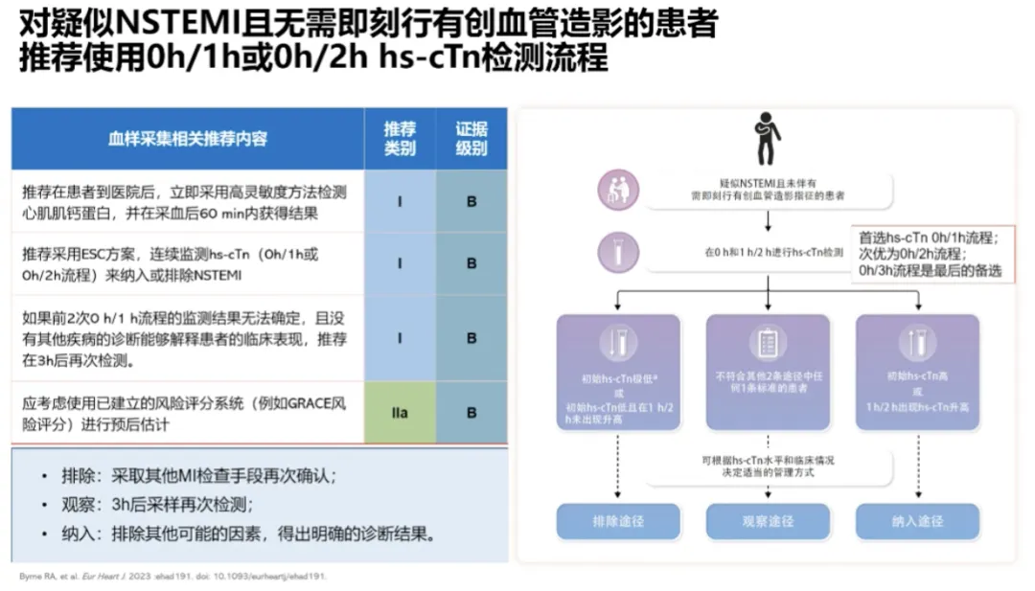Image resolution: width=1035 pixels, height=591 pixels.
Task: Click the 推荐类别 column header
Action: tap(400, 139)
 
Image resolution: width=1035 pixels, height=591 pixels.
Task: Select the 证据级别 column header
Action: tap(471, 139)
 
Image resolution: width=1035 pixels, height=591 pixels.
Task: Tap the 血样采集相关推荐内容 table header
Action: tap(188, 139)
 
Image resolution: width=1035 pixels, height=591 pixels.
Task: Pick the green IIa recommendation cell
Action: tap(400, 413)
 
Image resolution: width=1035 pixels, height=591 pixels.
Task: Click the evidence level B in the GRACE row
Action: tap(471, 413)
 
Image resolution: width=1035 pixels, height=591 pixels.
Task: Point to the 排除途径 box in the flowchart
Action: tap(618, 521)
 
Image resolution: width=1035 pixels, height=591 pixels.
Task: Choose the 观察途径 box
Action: tap(768, 521)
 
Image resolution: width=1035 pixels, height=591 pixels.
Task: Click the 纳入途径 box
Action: tap(917, 521)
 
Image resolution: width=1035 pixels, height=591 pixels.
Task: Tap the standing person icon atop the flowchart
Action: tap(767, 139)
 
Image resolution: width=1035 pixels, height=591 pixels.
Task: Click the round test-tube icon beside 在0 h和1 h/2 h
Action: tap(618, 252)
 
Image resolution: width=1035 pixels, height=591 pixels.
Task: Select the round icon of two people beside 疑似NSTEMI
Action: tap(618, 190)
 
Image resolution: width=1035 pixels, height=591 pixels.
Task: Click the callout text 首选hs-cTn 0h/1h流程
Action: tap(930, 238)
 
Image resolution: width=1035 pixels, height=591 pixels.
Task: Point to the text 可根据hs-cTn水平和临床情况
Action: tap(768, 461)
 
